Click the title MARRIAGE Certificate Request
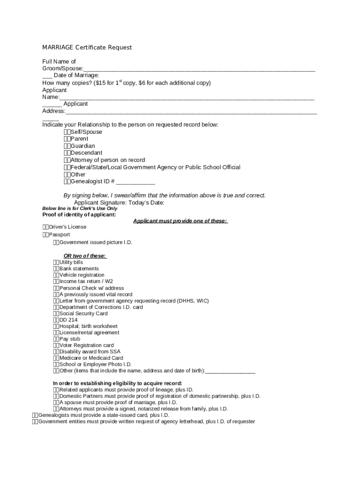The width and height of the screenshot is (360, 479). [x=87, y=47]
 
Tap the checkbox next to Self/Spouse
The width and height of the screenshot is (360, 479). [x=67, y=132]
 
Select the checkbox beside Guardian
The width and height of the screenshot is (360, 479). [x=67, y=146]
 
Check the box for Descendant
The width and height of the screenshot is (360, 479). [x=67, y=153]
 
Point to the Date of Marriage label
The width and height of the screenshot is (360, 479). [x=76, y=75]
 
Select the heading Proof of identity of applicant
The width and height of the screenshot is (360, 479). [x=79, y=215]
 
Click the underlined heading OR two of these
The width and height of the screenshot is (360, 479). [x=85, y=256]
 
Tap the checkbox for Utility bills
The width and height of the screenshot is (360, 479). [x=56, y=262]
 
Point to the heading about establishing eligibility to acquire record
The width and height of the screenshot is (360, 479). [x=117, y=383]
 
